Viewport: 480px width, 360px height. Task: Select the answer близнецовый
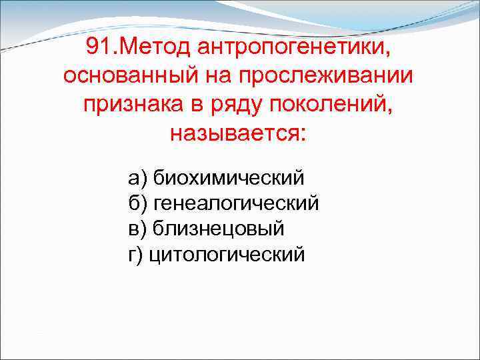click(219, 229)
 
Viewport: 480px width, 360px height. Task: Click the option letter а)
click(137, 179)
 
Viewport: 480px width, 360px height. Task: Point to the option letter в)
click(137, 229)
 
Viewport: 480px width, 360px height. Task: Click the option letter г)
click(136, 255)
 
